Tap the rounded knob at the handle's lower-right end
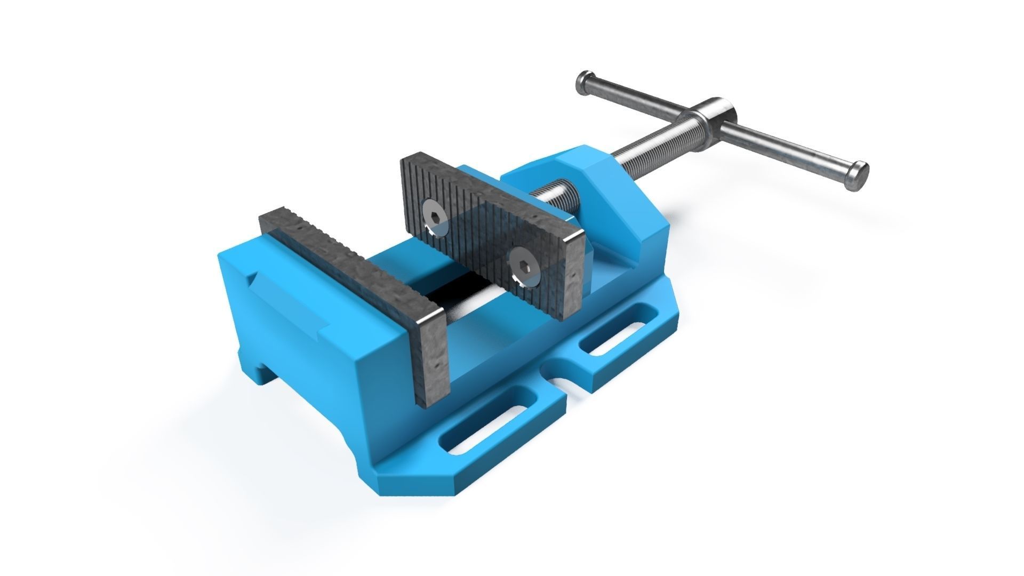857,174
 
